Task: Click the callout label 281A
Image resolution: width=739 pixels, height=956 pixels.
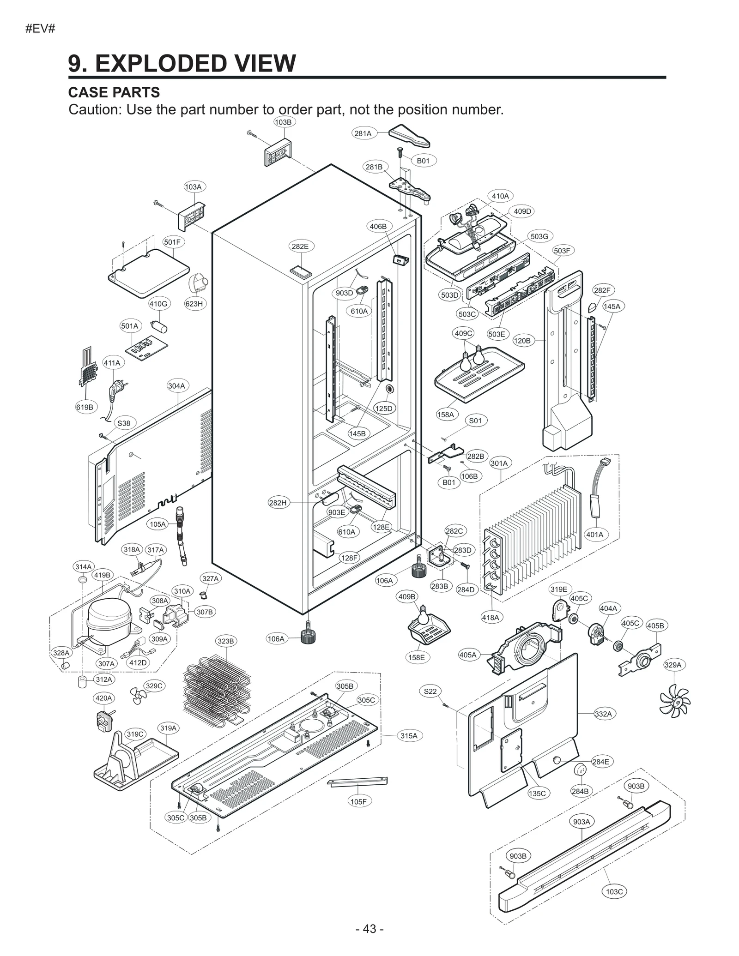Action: click(x=363, y=133)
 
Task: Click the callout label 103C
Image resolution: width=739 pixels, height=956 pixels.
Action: click(x=614, y=891)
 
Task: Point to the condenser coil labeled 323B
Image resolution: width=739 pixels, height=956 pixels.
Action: click(x=217, y=688)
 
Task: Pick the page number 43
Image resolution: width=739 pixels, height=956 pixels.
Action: click(x=369, y=929)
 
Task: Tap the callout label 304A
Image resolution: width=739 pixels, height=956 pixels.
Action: click(x=176, y=386)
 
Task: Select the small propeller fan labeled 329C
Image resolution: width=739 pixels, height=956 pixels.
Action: click(x=137, y=696)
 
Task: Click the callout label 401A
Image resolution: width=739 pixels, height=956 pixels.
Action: click(x=594, y=535)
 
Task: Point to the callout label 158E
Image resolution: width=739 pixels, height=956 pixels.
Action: click(x=417, y=657)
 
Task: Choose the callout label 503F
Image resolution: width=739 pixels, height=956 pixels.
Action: click(x=562, y=251)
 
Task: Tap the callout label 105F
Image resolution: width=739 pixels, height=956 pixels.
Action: click(x=358, y=801)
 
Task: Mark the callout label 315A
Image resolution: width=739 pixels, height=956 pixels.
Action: click(x=409, y=736)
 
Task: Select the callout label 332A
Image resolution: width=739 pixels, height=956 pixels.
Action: click(x=603, y=714)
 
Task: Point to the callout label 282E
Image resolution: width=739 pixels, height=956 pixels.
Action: click(x=300, y=247)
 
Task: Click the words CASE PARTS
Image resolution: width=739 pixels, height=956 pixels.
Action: click(x=114, y=92)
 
